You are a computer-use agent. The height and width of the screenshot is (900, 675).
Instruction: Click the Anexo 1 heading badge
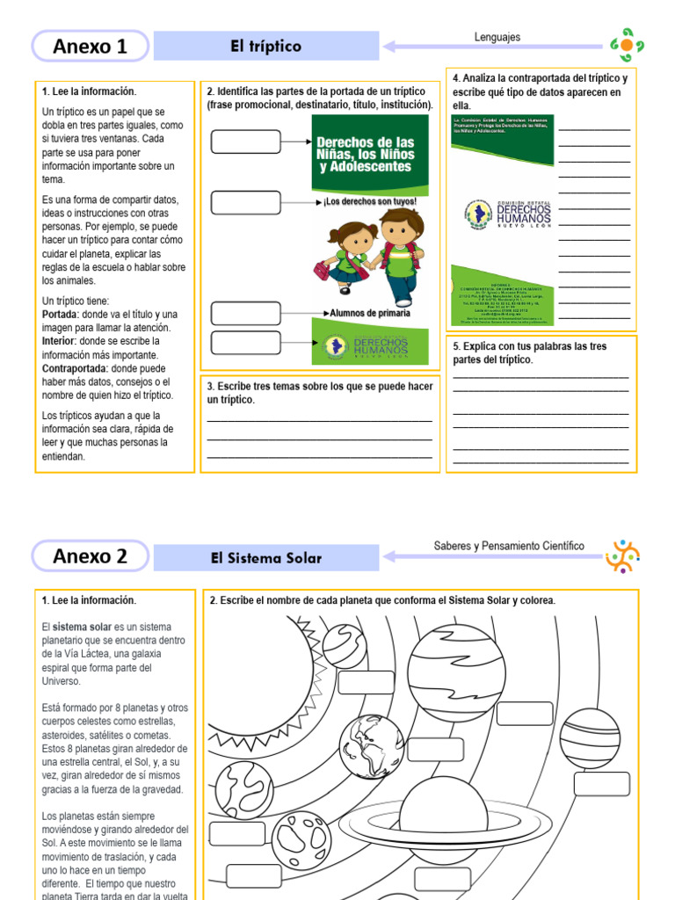[91, 47]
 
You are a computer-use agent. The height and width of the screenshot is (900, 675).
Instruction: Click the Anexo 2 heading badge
[91, 556]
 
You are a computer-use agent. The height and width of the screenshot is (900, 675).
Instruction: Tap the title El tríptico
[265, 47]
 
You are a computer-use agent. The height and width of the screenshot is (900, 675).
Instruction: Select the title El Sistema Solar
[265, 558]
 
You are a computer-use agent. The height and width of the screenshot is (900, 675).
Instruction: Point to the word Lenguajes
[497, 38]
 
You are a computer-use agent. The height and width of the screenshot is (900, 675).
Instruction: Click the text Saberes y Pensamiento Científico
[508, 546]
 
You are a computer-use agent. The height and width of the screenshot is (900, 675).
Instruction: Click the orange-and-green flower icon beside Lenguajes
[626, 45]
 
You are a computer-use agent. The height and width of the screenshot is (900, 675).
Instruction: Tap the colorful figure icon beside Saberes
[623, 556]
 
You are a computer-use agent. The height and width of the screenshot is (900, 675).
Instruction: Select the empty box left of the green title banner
[245, 142]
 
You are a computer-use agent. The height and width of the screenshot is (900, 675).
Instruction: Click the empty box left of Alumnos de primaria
[245, 313]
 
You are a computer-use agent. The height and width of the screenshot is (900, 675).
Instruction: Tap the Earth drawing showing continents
[372, 746]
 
